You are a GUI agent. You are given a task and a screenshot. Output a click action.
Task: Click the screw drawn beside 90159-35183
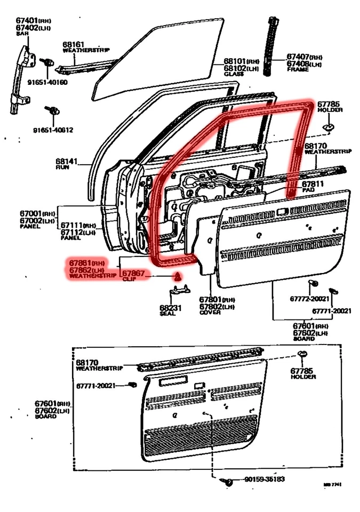[x=229, y=482]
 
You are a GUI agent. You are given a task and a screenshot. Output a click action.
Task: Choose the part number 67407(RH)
[x=304, y=57]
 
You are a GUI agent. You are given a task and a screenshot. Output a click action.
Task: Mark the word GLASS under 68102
[x=234, y=74]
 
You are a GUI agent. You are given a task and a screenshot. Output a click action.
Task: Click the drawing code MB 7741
[x=332, y=484]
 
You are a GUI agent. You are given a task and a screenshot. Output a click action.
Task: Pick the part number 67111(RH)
[x=78, y=226]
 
